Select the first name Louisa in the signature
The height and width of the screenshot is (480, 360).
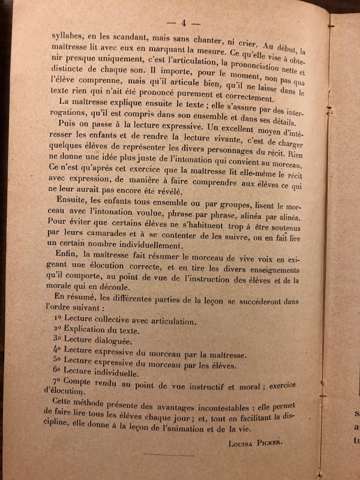pos(242,443)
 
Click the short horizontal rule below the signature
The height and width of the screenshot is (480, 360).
pos(178,456)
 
